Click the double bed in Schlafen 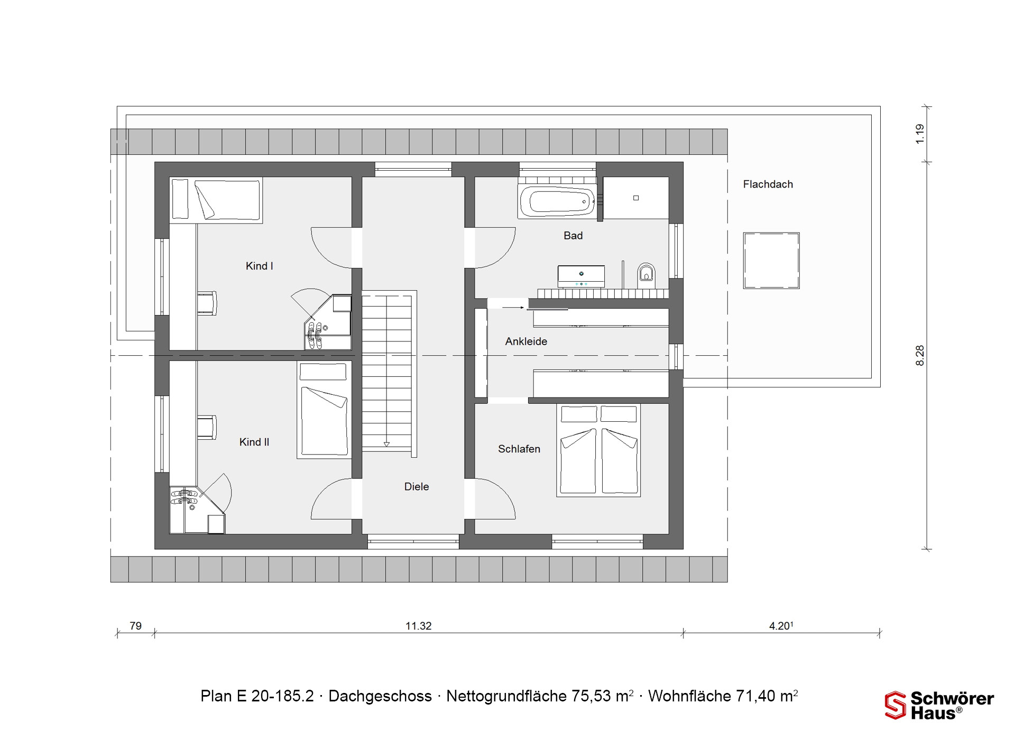[x=598, y=450]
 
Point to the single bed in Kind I [x=216, y=200]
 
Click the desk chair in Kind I [x=207, y=303]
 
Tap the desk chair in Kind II [x=207, y=428]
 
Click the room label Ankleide [x=526, y=341]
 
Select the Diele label [x=417, y=487]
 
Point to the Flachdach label [x=768, y=184]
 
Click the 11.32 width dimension [x=419, y=626]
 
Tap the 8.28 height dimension [x=920, y=355]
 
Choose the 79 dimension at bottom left [x=136, y=626]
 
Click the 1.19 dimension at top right [x=920, y=134]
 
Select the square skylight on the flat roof [x=771, y=261]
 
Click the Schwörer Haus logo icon [x=896, y=706]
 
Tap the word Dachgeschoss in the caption [x=380, y=696]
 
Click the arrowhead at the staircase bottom [x=386, y=445]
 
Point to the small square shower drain [x=636, y=198]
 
